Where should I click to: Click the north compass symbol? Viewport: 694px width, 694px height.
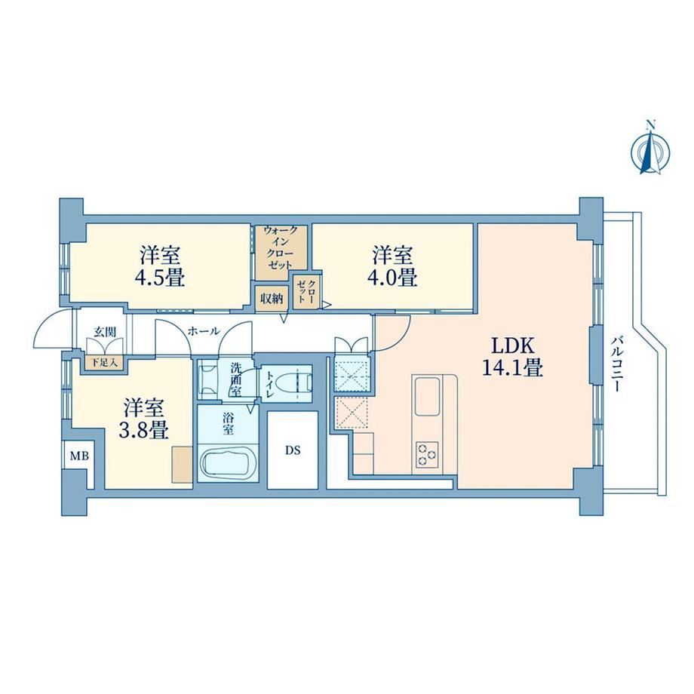(650, 149)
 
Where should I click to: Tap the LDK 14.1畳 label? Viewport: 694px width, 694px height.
(513, 356)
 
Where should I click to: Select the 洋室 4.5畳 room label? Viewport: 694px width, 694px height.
(160, 266)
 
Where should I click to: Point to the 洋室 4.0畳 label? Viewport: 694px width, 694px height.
(392, 266)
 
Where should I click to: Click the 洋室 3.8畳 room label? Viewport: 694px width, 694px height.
(144, 418)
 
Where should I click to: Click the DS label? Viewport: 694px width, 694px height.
(293, 450)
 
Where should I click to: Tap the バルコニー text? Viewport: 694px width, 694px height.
(617, 364)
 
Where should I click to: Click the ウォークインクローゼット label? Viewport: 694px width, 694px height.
(280, 247)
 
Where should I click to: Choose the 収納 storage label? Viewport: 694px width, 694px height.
(271, 298)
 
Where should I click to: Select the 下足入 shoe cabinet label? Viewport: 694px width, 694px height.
(104, 363)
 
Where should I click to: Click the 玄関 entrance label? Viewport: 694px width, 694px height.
(104, 331)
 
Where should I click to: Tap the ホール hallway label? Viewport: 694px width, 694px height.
(204, 330)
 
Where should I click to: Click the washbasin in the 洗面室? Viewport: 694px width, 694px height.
(208, 377)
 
